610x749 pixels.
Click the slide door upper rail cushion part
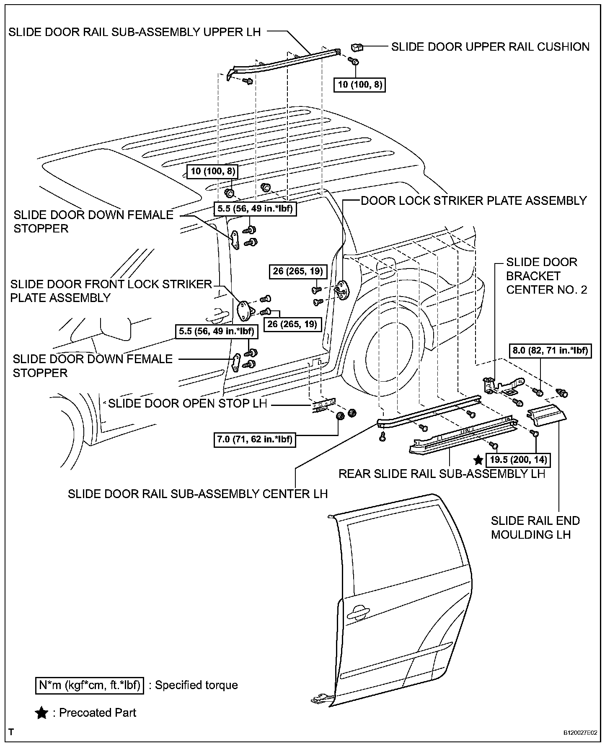point(357,46)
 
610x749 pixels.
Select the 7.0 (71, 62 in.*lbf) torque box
point(255,439)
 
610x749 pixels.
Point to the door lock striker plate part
point(343,289)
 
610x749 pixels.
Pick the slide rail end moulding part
point(546,415)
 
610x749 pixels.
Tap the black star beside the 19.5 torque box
point(478,460)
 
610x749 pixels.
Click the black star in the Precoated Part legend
point(41,713)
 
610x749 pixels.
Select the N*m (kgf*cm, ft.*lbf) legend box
point(90,685)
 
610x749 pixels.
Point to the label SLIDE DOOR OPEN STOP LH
point(187,403)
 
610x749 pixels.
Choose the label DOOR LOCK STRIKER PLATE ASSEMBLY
point(474,201)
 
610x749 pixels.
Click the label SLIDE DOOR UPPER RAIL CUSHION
point(490,46)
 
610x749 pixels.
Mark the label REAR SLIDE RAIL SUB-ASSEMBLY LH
point(442,473)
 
